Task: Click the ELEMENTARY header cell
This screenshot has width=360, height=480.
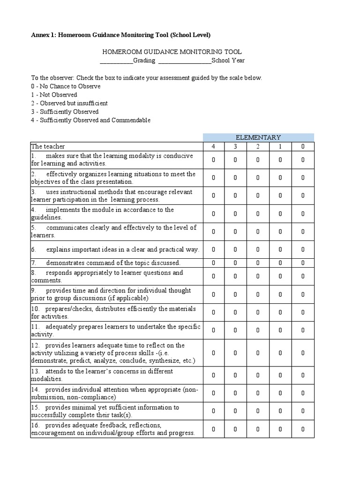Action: pyautogui.click(x=258, y=137)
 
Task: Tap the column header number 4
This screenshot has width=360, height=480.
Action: pyautogui.click(x=213, y=146)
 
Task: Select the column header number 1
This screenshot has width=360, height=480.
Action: pyautogui.click(x=280, y=146)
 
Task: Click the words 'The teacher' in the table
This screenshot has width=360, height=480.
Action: pyautogui.click(x=48, y=146)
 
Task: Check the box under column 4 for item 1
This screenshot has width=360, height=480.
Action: pyautogui.click(x=213, y=160)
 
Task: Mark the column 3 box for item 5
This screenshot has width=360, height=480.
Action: pyautogui.click(x=235, y=232)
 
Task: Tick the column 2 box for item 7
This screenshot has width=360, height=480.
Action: pyautogui.click(x=258, y=263)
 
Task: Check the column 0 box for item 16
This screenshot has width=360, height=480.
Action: pyautogui.click(x=303, y=429)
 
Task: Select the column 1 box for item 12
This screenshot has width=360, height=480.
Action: pyautogui.click(x=280, y=353)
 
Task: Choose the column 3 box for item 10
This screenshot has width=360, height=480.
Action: pyautogui.click(x=235, y=313)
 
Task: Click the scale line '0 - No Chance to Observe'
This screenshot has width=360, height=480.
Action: pyautogui.click(x=66, y=86)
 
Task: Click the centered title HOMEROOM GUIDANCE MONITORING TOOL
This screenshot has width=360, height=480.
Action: pyautogui.click(x=172, y=52)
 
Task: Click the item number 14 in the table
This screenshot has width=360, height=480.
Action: pyautogui.click(x=36, y=390)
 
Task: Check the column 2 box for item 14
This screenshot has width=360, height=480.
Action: pyautogui.click(x=258, y=393)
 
